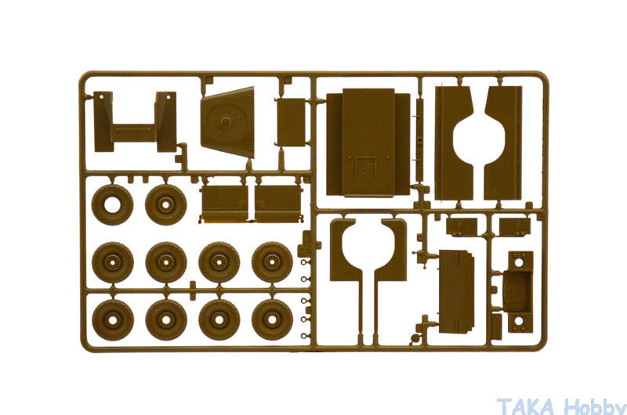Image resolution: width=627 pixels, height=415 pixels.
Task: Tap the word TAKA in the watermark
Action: [526, 406]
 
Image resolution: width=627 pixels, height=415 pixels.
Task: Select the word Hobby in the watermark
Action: [595, 406]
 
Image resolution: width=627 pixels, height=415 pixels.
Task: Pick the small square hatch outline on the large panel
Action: [366, 164]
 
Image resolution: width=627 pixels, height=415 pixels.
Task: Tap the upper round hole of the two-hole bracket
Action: [519, 262]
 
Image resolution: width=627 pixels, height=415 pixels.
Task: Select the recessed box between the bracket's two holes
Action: [516, 291]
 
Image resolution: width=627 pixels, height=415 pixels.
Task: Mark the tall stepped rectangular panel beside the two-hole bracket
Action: [456, 291]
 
